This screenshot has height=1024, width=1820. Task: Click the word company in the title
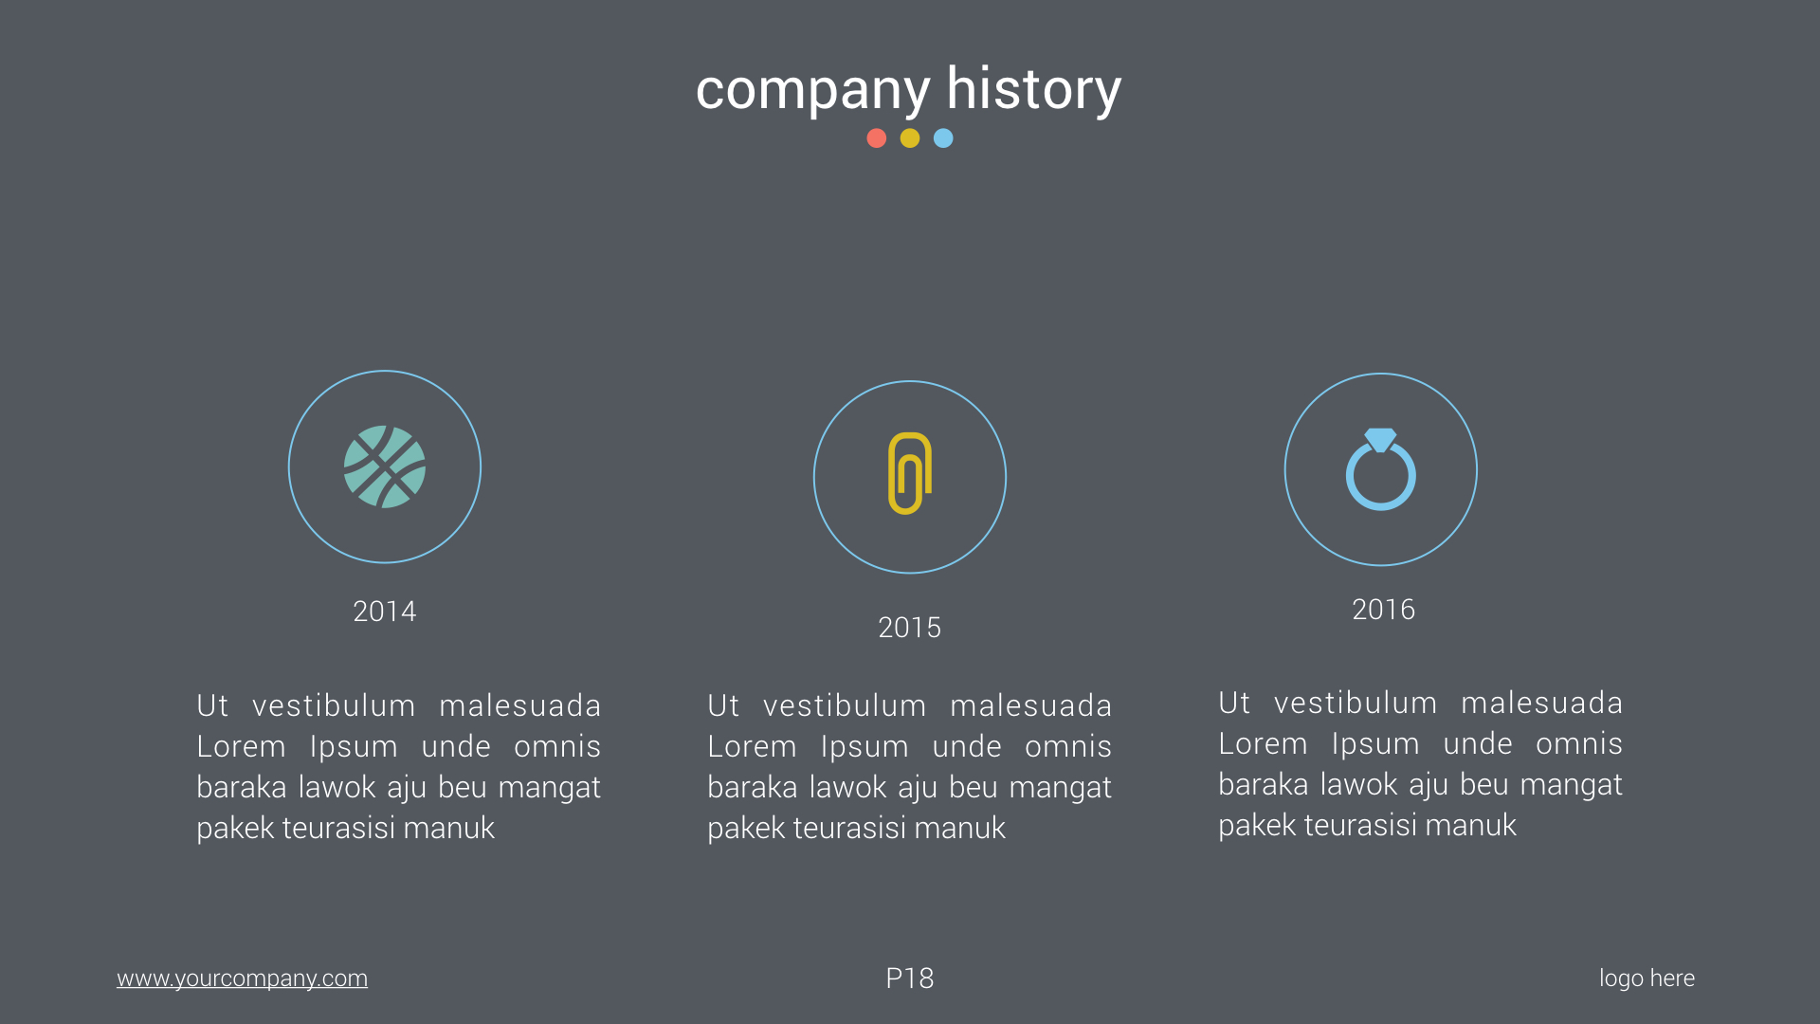click(812, 90)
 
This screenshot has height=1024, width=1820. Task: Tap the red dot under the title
click(877, 138)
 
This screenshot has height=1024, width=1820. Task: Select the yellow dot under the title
click(910, 138)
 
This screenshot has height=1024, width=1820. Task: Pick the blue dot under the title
click(943, 138)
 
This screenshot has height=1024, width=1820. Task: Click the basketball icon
click(385, 466)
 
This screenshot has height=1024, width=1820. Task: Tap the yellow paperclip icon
click(910, 473)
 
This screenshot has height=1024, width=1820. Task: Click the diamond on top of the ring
click(1381, 439)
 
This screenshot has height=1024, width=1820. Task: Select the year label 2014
click(385, 612)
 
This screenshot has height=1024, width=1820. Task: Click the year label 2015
click(910, 628)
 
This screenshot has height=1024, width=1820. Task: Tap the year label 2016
click(1383, 610)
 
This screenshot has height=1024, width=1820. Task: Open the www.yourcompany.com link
click(242, 978)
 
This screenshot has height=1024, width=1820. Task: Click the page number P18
click(910, 978)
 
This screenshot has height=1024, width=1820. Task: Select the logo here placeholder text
click(1647, 978)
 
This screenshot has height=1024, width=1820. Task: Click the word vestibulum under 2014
click(334, 706)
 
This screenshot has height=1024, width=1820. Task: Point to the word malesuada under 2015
click(1030, 706)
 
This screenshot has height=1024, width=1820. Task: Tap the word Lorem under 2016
click(1263, 744)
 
